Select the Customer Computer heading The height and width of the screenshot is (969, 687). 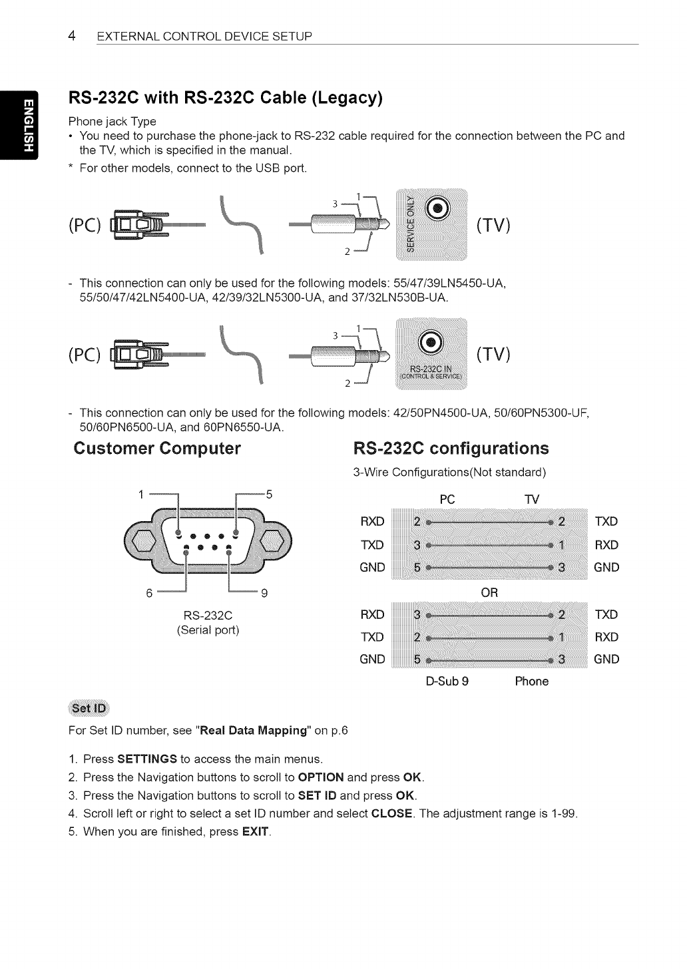click(x=157, y=448)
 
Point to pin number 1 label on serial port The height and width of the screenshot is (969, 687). click(x=140, y=494)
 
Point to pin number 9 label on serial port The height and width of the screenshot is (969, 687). click(x=264, y=592)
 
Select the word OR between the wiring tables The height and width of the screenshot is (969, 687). click(x=489, y=592)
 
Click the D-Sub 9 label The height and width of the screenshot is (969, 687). click(x=447, y=681)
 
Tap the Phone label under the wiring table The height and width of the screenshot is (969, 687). click(x=532, y=681)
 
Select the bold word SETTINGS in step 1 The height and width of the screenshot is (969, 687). click(x=147, y=759)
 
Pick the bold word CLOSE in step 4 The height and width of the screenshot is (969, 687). click(x=392, y=813)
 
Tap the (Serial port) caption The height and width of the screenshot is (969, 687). click(x=208, y=630)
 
